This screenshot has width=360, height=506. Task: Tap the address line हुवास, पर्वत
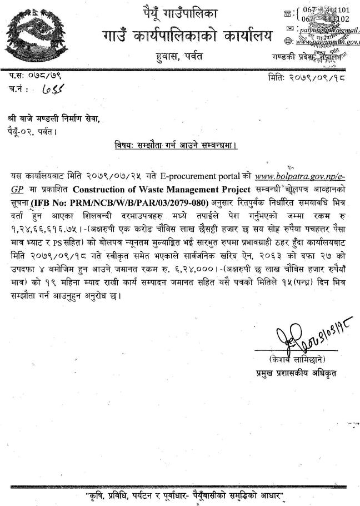(x=179, y=56)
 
